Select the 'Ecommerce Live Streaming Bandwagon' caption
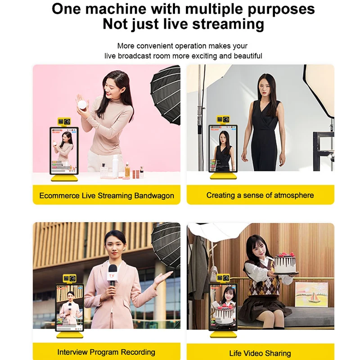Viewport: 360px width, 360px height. coord(106,196)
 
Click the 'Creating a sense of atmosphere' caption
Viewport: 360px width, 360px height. coord(260,195)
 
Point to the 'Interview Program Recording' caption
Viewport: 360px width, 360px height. coord(106,352)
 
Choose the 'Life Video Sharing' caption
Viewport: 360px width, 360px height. coord(260,353)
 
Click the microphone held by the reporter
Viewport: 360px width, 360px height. coord(112,275)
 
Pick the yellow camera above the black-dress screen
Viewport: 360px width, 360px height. coord(223,119)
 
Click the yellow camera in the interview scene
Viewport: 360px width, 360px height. coord(70,278)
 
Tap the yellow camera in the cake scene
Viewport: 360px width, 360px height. coord(223,278)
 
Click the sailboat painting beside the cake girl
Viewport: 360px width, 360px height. coord(308,297)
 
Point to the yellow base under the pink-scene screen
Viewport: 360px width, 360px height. coord(64,178)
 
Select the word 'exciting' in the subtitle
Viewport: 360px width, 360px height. coord(202,56)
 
